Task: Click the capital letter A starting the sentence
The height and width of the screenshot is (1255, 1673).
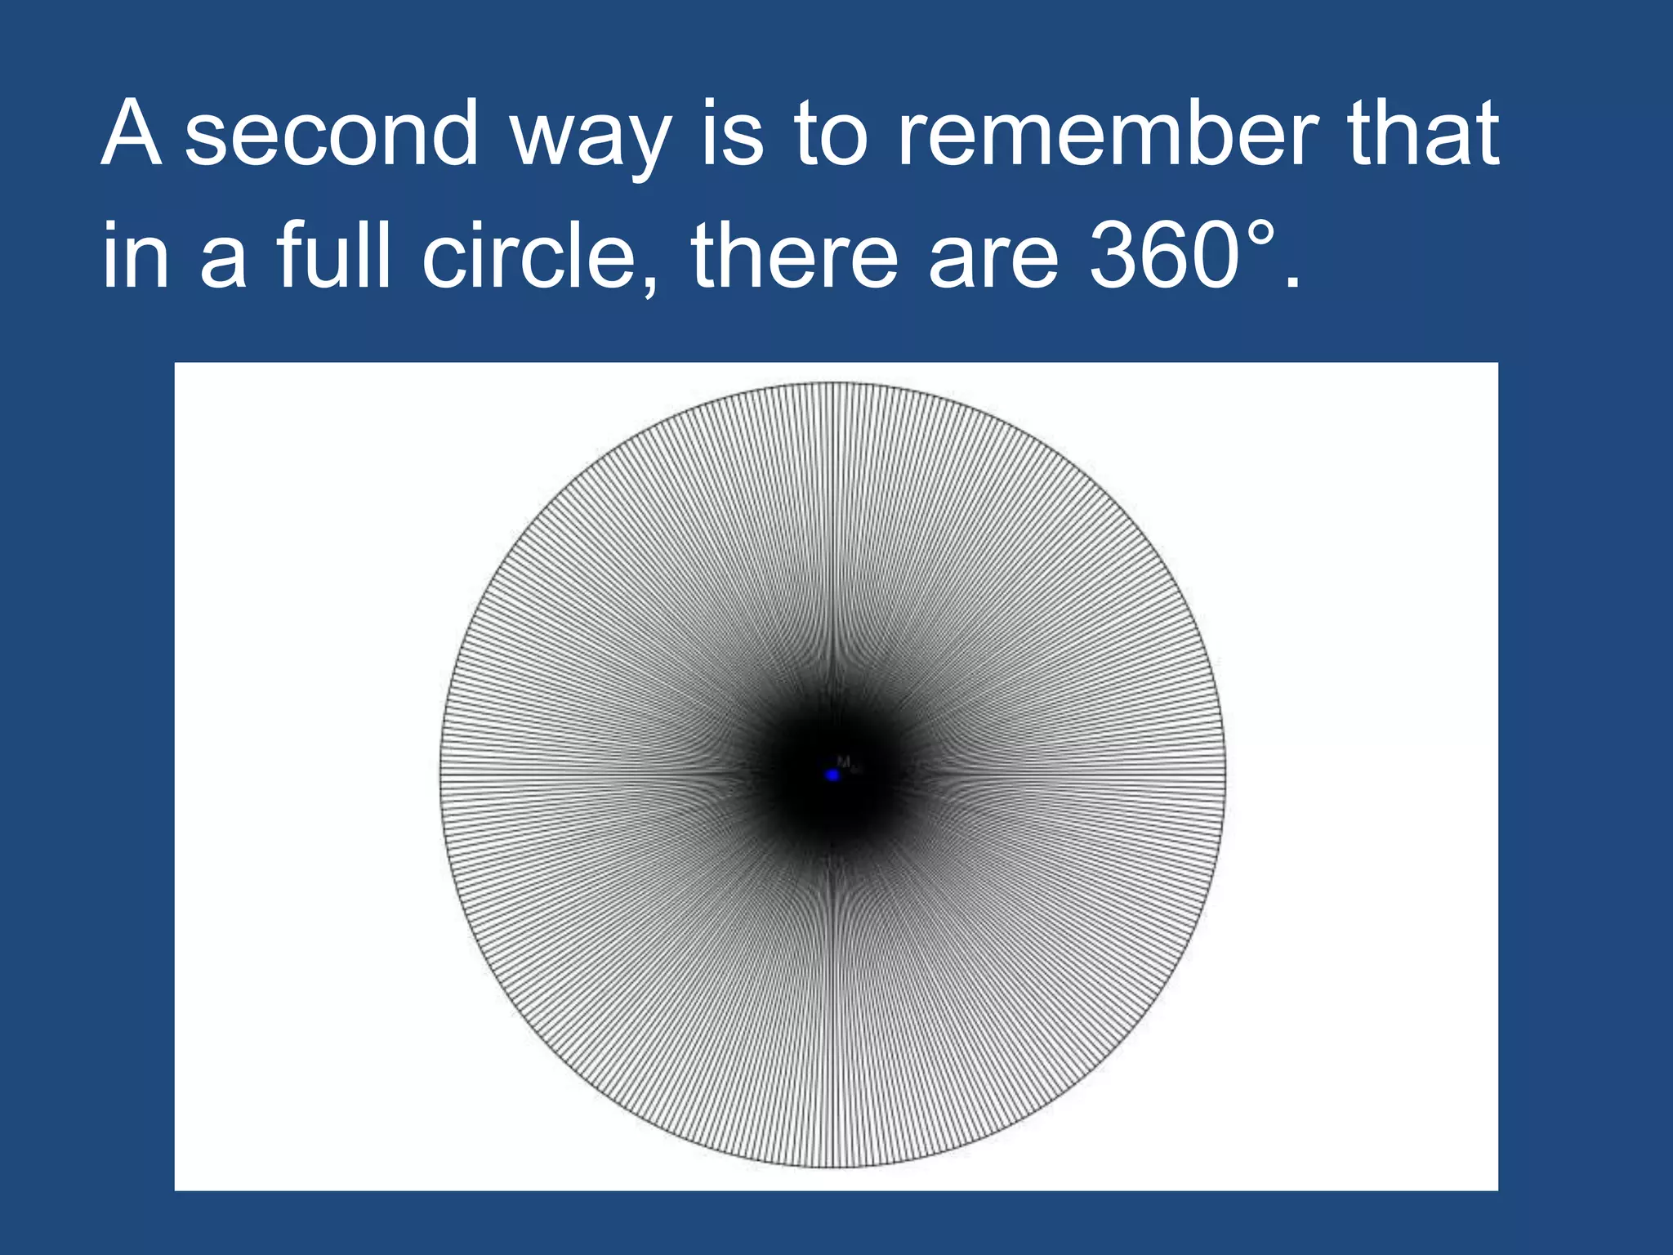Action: point(131,132)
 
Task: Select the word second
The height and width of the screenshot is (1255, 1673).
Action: point(331,134)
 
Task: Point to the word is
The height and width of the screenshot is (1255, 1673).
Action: point(733,132)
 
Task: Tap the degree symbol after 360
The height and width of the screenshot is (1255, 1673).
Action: point(1260,232)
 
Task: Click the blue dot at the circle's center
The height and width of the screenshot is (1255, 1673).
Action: point(832,775)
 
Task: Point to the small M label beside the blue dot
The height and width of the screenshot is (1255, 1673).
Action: point(844,761)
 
